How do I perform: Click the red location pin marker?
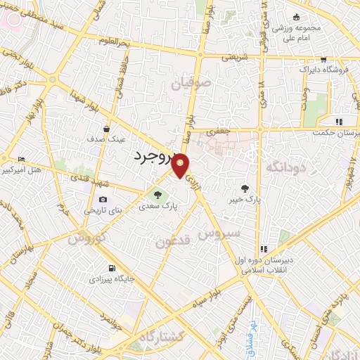click(181, 165)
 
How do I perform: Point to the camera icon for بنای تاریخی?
click(103, 200)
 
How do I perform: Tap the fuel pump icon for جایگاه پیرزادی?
click(110, 269)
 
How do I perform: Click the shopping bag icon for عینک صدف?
click(106, 129)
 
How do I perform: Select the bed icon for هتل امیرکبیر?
click(21, 159)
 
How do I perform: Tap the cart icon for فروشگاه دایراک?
click(323, 60)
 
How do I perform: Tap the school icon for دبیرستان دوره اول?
click(263, 248)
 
